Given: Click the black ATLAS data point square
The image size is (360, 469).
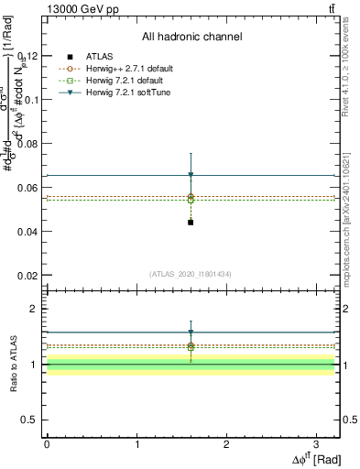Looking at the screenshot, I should tap(191, 222).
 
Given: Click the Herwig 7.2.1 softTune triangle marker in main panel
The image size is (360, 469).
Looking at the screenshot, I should tap(191, 175).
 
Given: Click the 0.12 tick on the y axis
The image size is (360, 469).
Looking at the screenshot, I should tap(28, 56).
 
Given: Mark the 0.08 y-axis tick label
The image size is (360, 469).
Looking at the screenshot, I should tap(28, 144).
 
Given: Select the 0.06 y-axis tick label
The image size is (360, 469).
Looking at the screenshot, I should tap(28, 188).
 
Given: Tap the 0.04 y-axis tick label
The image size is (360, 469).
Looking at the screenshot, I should tap(28, 232).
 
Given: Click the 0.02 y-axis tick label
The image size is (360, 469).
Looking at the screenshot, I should tap(28, 276).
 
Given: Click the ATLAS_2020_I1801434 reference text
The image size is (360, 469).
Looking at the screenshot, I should tap(191, 274).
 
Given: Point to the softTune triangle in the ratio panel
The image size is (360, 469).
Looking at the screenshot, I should tap(191, 333).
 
